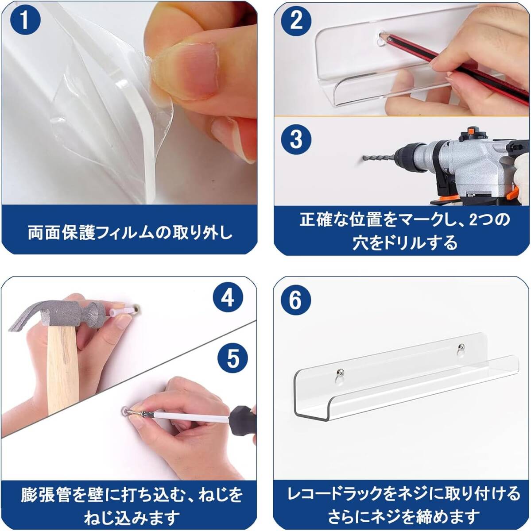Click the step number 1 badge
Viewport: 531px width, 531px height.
(25, 21)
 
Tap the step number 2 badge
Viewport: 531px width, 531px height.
(297, 21)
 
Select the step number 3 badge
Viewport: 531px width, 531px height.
(296, 139)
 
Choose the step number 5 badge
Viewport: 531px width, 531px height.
(233, 358)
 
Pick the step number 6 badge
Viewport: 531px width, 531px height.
(296, 300)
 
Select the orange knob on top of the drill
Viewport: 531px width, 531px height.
(469, 130)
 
